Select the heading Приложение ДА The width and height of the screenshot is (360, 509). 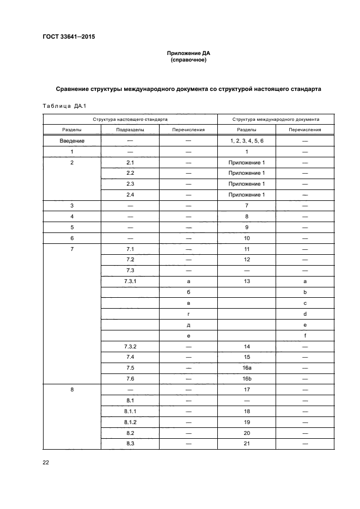click(188, 54)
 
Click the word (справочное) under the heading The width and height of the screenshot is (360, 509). click(188, 60)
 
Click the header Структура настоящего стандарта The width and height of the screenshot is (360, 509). click(130, 119)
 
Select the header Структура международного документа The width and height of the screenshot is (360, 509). click(276, 119)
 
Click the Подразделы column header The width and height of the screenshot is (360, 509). click(130, 130)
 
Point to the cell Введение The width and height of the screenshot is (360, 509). click(72, 141)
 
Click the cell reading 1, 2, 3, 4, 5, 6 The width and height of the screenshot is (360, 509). click(247, 141)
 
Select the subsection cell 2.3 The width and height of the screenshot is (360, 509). click(130, 184)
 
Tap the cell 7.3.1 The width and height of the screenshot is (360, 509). click(130, 281)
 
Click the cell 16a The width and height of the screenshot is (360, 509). click(247, 367)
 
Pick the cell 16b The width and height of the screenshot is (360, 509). click(247, 378)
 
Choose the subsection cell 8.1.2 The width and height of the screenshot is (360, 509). click(130, 422)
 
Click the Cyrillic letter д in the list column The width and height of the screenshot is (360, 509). click(188, 324)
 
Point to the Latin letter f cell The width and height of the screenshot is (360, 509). click(305, 335)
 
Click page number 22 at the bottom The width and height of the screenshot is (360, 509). click(46, 463)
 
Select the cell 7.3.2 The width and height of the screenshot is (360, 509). click(130, 346)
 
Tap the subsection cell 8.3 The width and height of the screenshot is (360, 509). click(130, 444)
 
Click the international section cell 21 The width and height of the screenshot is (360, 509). click(247, 444)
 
